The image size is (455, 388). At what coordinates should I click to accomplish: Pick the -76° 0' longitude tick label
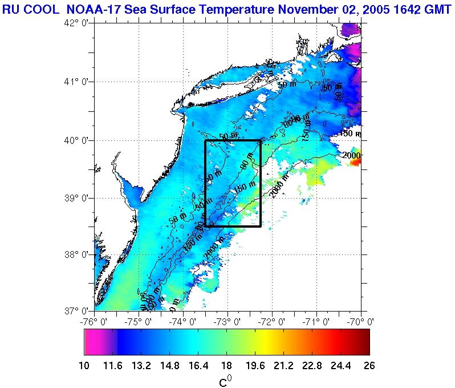[x=94, y=322]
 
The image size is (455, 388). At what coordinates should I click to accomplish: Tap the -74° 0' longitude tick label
[x=183, y=322]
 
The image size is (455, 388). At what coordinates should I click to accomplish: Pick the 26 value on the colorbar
[x=369, y=366]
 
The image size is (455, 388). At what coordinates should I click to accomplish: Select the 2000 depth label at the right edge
[x=352, y=155]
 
